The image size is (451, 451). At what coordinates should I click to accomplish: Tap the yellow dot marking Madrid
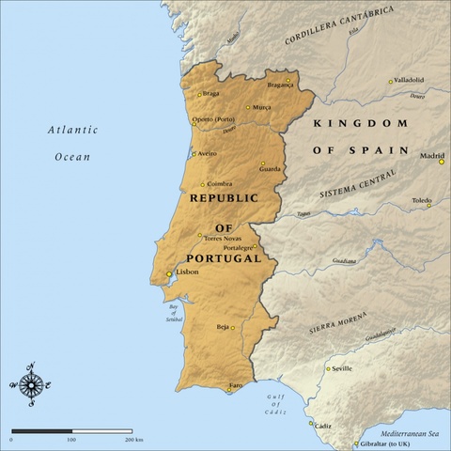pos(442,162)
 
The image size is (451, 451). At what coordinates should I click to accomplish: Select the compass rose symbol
pos(32,383)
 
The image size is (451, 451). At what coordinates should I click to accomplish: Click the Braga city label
pos(210,94)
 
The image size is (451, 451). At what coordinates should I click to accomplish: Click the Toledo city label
pos(422,200)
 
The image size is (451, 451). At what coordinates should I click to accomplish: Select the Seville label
pos(342,369)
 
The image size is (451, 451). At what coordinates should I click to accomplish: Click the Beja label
pos(223,327)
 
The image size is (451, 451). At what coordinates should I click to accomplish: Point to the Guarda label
pos(271,169)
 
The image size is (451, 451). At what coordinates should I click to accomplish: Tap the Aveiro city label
pos(207,153)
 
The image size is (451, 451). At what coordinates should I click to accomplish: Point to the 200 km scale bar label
pos(132,439)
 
